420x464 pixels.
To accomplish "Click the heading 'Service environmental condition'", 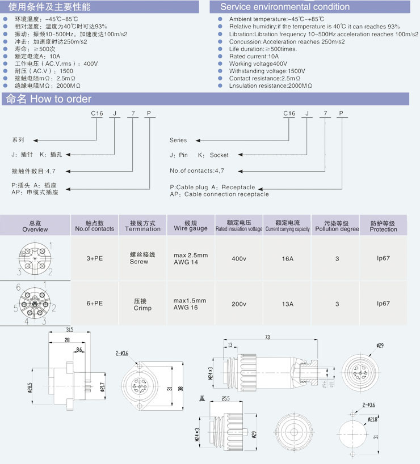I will [x=285, y=7].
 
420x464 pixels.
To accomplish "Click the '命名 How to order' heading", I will [x=48, y=99].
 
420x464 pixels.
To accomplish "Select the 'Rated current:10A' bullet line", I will [x=254, y=57].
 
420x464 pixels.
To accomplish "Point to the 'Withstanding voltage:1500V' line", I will [x=267, y=71].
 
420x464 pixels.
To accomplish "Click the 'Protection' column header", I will [x=383, y=226].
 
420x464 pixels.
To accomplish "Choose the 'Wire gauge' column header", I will [x=191, y=226].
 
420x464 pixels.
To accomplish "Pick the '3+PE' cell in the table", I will [x=94, y=258].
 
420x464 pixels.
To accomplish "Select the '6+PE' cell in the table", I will [x=94, y=304].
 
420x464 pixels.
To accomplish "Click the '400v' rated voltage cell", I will [x=239, y=258].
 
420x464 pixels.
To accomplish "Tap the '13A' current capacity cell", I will [x=288, y=304].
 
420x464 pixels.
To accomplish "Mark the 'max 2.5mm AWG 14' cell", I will [x=191, y=258].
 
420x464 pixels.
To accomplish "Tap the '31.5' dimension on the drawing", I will [x=69, y=330].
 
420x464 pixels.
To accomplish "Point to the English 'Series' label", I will [x=178, y=140].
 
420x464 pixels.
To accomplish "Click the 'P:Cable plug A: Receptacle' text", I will [x=212, y=187].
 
